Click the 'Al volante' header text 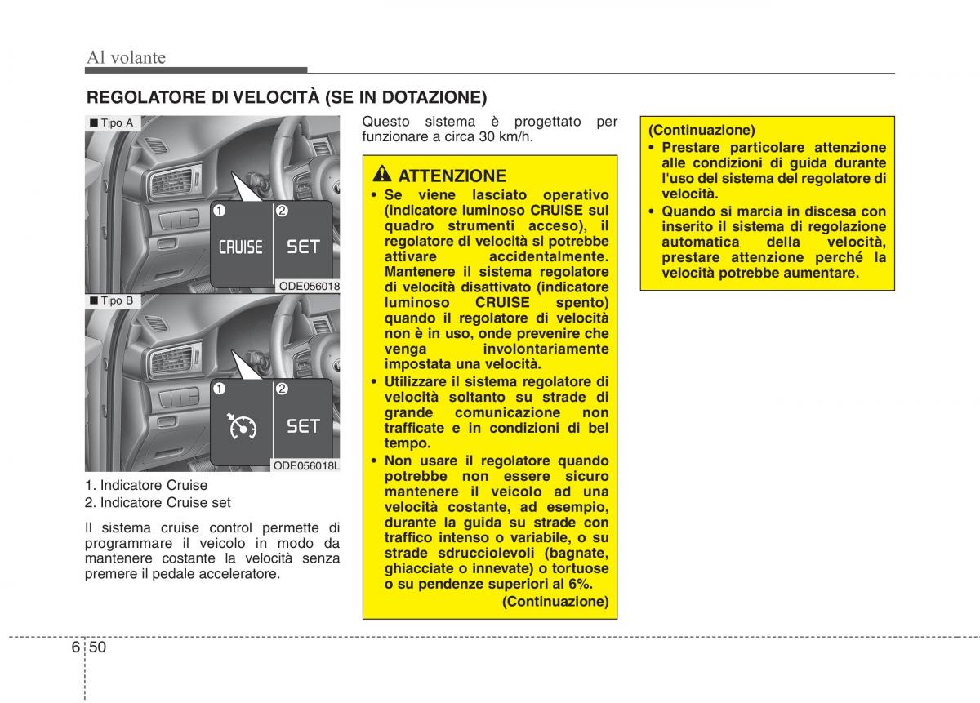[x=126, y=57]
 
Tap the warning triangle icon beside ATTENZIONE [x=382, y=174]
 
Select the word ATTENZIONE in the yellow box [x=452, y=176]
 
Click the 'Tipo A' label [x=112, y=123]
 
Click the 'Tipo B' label [x=112, y=300]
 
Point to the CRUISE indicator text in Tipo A [x=241, y=247]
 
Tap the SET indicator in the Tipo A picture [x=303, y=247]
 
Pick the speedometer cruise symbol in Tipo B [x=242, y=425]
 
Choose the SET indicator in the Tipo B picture [x=303, y=425]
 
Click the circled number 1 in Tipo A [x=219, y=211]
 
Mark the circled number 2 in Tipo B [x=282, y=389]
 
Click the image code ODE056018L [x=306, y=465]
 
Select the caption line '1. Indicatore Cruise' [x=146, y=485]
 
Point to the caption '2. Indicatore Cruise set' [x=158, y=503]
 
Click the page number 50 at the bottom [x=97, y=647]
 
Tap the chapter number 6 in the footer [x=76, y=647]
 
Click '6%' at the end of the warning [x=581, y=584]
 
